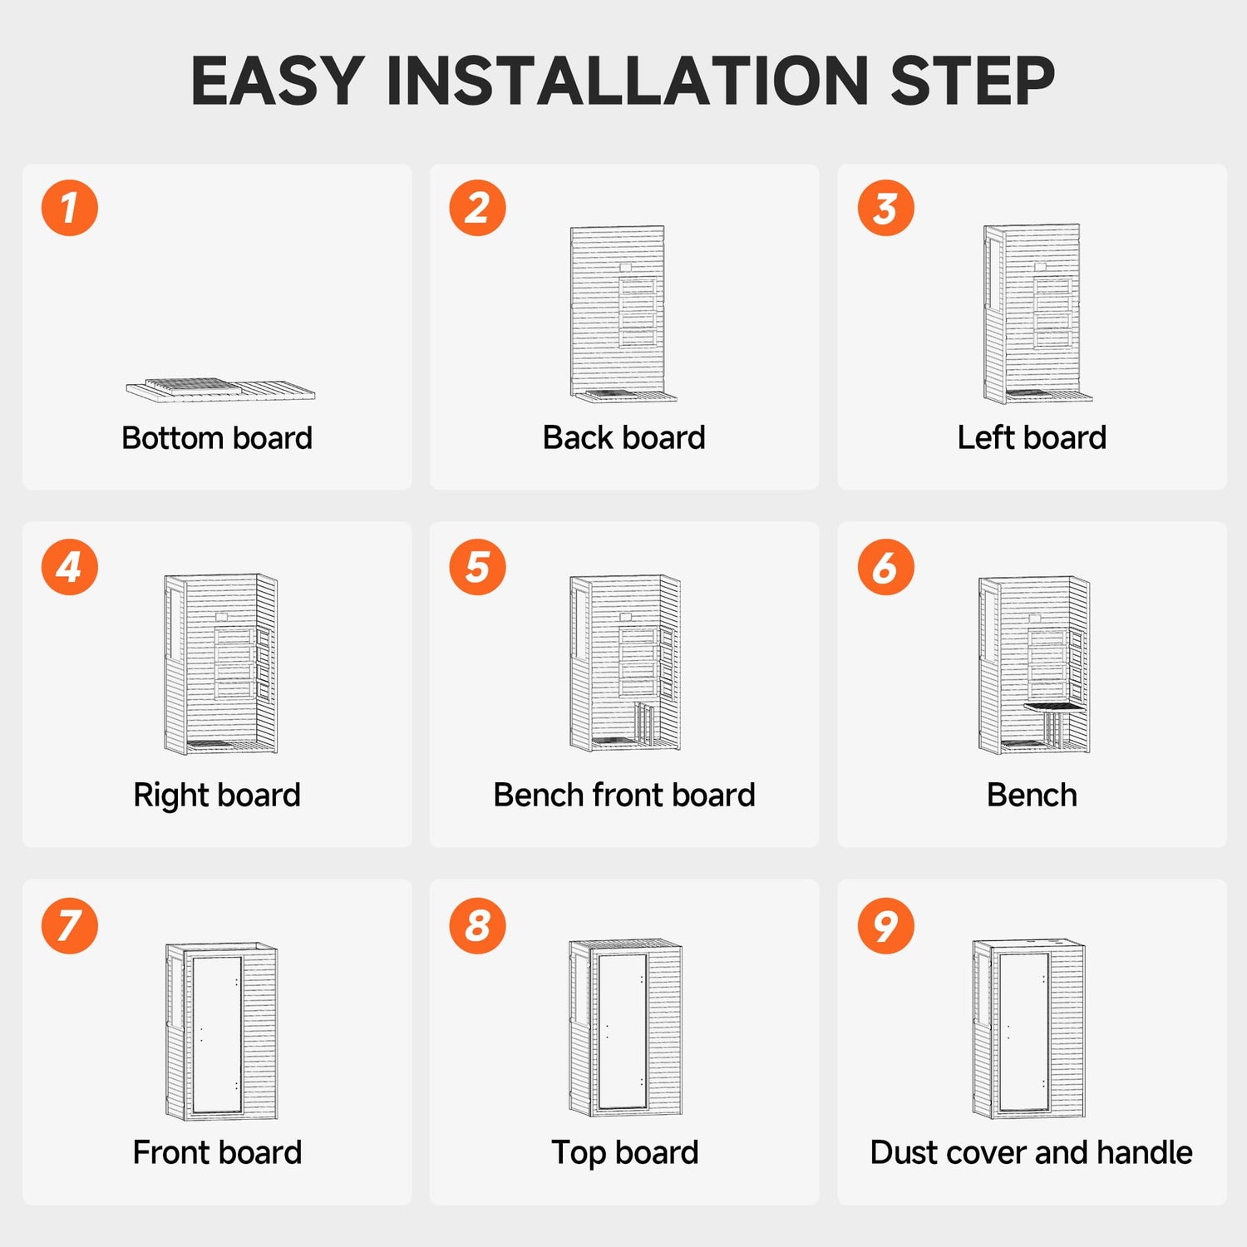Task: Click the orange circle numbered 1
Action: (70, 208)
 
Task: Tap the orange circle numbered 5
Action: (477, 567)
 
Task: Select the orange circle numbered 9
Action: (886, 925)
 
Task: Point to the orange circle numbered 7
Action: (70, 925)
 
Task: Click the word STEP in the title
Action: (973, 81)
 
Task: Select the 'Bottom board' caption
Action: (217, 437)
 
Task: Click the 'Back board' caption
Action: (624, 437)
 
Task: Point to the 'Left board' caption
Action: (1032, 437)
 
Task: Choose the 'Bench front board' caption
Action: (624, 795)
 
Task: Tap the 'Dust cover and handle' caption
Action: (1032, 1152)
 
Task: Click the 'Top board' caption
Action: (624, 1153)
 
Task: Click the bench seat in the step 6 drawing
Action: (1055, 707)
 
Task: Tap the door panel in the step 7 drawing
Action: (217, 1034)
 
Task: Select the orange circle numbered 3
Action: (886, 208)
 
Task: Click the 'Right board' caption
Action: (217, 795)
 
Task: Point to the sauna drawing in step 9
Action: (1029, 1029)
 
